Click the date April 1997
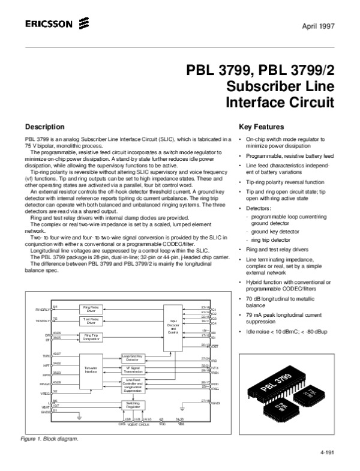[x=319, y=26]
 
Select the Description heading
[x=44, y=127]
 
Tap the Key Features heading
[x=261, y=127]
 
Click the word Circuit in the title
[x=310, y=101]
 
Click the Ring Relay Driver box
[x=91, y=310]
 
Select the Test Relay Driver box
[x=91, y=321]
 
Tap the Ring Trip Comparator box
[x=91, y=337]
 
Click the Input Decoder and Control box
[x=173, y=327]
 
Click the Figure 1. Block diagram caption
[x=50, y=439]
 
